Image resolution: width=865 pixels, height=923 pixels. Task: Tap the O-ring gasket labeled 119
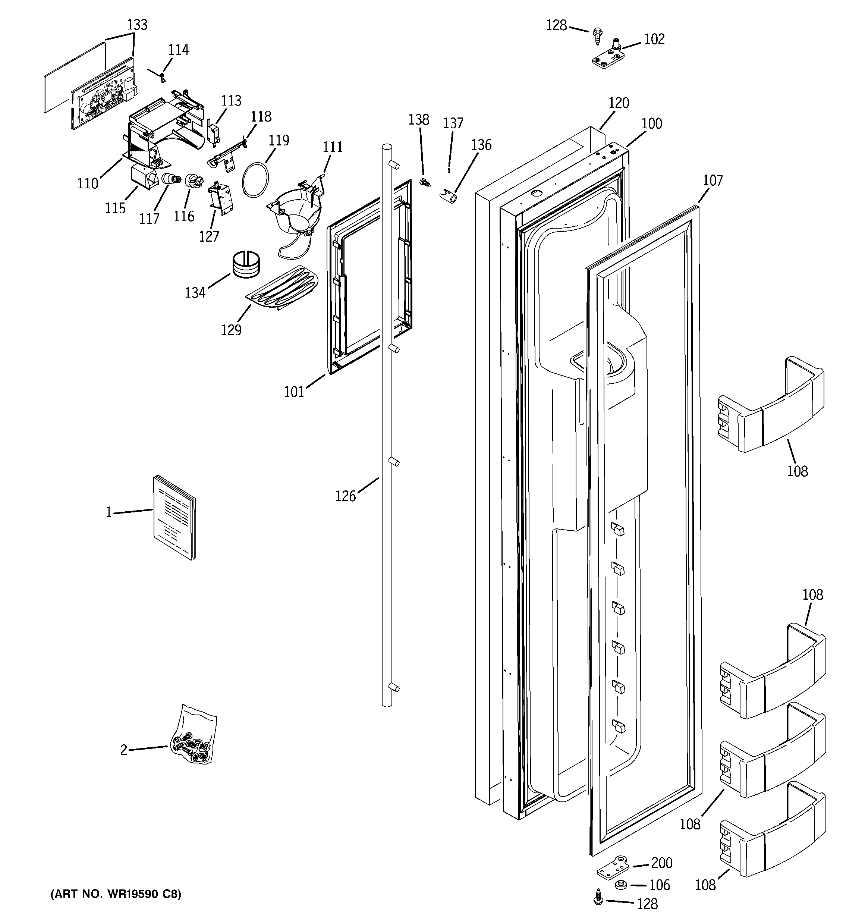pos(255,182)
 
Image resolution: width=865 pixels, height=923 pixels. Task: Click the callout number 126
pos(346,496)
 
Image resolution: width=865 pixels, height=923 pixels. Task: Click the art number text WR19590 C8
pos(116,894)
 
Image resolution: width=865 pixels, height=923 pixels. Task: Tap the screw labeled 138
pos(425,182)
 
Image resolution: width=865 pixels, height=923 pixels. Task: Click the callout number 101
pos(294,392)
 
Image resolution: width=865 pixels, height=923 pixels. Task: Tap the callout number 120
pos(619,103)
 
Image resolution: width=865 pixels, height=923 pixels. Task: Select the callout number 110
pos(88,183)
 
